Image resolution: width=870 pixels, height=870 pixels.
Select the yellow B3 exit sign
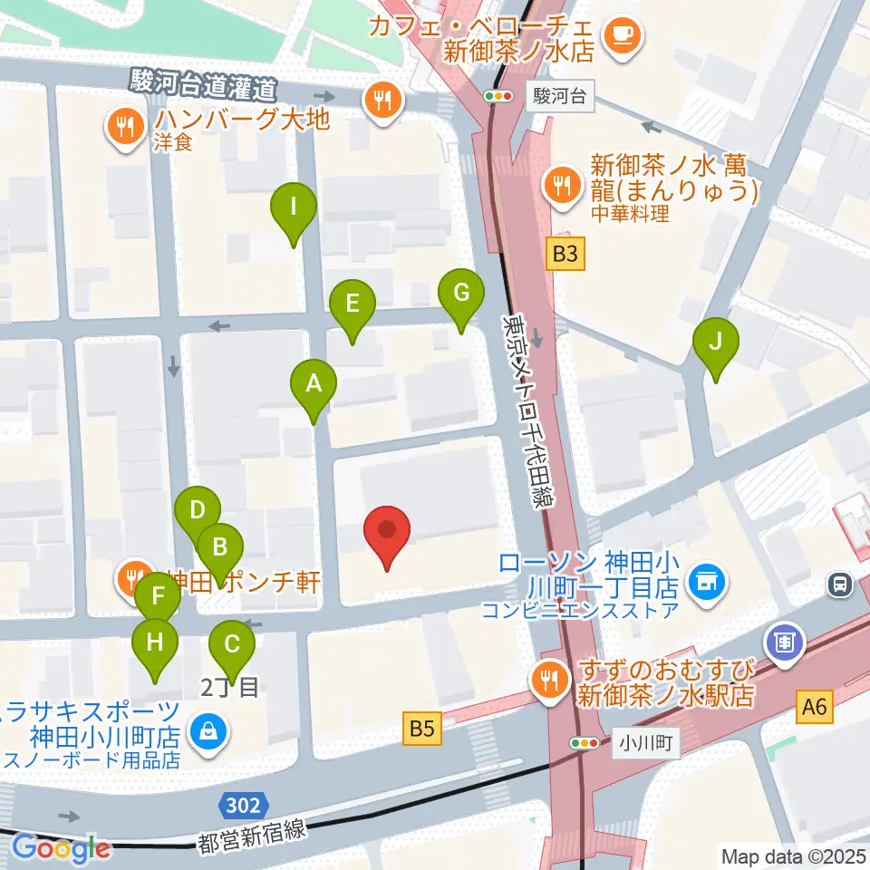(565, 255)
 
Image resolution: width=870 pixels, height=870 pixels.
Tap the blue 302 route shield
(244, 805)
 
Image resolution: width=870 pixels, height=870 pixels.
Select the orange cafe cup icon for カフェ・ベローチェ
(623, 34)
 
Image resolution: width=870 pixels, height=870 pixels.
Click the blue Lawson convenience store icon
(703, 580)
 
